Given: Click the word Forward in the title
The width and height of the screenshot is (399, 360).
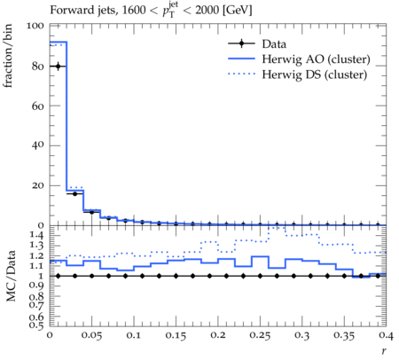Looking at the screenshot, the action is [x=67, y=10].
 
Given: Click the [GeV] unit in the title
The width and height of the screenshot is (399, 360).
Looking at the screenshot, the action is [x=237, y=11].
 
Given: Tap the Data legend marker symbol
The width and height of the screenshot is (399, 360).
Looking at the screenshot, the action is [x=241, y=43].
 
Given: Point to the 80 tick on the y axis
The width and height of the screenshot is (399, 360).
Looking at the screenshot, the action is [x=37, y=67].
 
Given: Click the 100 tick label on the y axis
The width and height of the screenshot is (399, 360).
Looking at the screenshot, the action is [x=35, y=26].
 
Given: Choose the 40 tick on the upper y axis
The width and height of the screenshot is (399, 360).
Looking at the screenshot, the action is [x=37, y=145].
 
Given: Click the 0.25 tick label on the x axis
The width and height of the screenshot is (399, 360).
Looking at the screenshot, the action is [x=260, y=335].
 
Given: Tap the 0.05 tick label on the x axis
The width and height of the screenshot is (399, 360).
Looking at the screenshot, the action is [x=91, y=335].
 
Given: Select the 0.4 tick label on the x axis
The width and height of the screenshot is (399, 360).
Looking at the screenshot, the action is [x=386, y=335].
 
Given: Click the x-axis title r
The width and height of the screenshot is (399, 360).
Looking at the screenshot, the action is [x=384, y=351].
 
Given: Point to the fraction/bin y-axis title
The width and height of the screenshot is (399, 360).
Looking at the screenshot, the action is [x=8, y=56].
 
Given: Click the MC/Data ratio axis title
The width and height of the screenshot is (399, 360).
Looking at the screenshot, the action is [x=11, y=276].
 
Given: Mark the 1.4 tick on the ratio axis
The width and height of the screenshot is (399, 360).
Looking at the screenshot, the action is [x=36, y=235].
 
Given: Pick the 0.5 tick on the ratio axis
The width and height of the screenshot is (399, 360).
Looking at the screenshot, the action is [x=36, y=325].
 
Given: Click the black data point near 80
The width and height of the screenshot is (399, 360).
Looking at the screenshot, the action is [x=58, y=67].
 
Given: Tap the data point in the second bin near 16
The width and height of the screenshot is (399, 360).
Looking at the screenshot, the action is [x=74, y=193].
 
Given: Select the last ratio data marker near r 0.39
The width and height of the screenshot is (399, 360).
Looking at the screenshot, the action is [x=378, y=276].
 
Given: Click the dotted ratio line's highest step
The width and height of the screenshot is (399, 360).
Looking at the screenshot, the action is [x=277, y=228].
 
